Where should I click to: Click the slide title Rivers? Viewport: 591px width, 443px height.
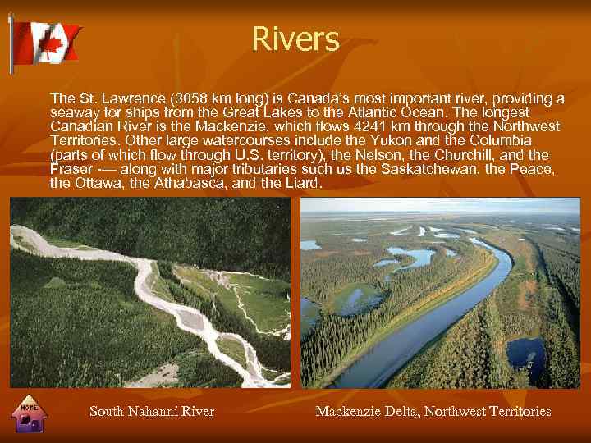[295, 39]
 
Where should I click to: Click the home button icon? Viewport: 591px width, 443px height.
[30, 415]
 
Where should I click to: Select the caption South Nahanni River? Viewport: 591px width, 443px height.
[152, 412]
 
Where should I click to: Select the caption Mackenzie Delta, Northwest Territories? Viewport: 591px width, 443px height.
[433, 412]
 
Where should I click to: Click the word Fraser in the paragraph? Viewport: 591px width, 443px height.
[71, 169]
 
